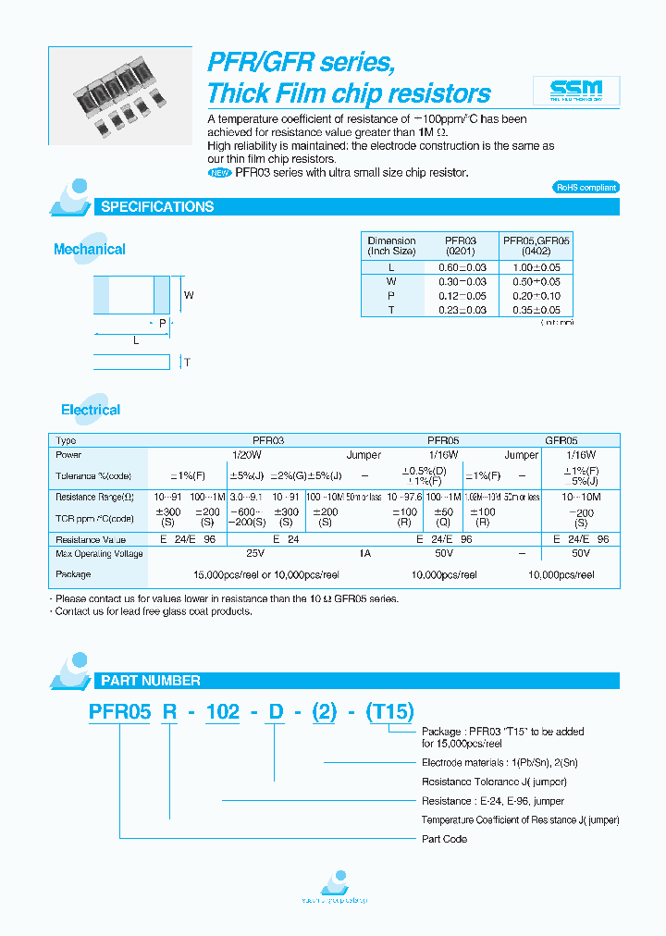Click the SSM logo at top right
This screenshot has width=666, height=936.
click(576, 90)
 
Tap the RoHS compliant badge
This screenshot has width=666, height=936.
click(586, 187)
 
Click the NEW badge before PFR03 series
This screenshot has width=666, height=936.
click(220, 173)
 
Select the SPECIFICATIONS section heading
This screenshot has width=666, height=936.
click(157, 207)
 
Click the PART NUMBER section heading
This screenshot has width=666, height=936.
click(150, 681)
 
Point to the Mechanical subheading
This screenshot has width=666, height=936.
click(89, 250)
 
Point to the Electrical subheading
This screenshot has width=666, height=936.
click(91, 410)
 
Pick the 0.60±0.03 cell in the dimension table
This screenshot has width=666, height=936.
click(462, 267)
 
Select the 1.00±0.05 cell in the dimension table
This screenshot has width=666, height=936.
click(536, 267)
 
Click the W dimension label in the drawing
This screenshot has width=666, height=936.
click(189, 296)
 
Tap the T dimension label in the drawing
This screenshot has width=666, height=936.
click(186, 363)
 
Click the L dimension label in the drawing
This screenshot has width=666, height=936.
click(136, 340)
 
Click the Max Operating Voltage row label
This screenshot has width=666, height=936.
click(99, 553)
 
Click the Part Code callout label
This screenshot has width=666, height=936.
click(444, 839)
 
